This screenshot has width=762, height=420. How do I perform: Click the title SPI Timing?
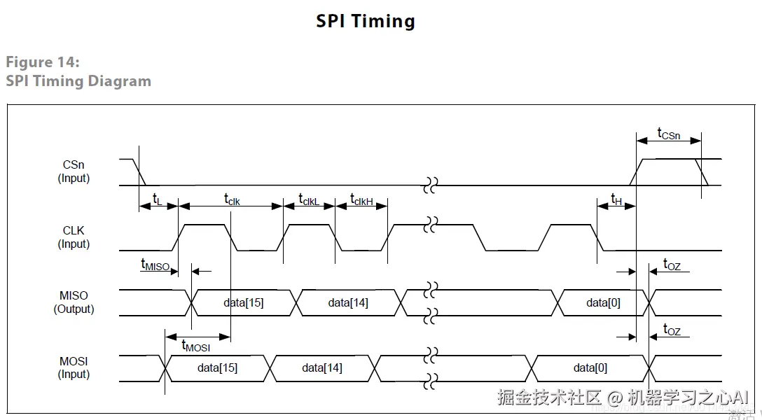click(x=365, y=21)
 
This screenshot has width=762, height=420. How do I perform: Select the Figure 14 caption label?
click(x=43, y=62)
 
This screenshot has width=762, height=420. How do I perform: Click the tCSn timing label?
click(x=668, y=133)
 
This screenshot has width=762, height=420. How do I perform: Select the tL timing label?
click(x=157, y=200)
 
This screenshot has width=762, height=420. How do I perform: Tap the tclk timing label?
click(x=232, y=199)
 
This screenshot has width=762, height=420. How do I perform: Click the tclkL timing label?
click(x=308, y=199)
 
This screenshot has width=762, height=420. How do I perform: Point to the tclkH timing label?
click(x=361, y=199)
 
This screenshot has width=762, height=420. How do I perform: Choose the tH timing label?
click(x=616, y=199)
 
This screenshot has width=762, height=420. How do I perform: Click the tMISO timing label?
click(x=155, y=265)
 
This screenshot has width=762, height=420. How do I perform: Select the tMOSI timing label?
click(x=195, y=345)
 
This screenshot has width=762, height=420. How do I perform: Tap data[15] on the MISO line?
click(x=244, y=303)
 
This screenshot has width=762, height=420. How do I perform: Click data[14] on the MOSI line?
click(x=322, y=367)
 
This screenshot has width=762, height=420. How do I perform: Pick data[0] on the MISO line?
click(x=603, y=303)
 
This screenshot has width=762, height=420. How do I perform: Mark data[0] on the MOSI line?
click(x=590, y=367)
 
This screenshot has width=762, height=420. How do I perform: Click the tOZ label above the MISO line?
click(x=672, y=265)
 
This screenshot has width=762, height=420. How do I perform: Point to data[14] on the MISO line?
click(x=348, y=303)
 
